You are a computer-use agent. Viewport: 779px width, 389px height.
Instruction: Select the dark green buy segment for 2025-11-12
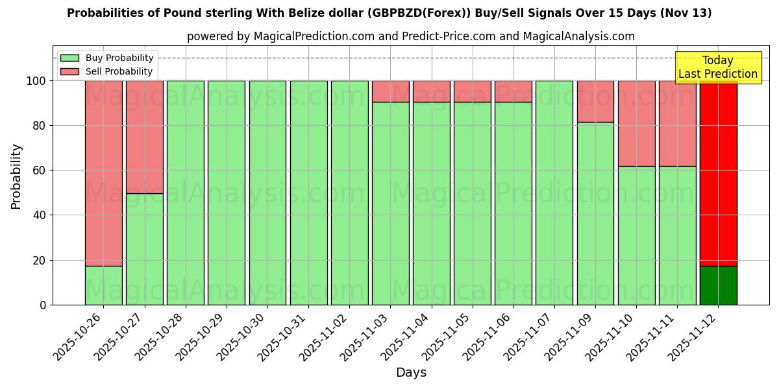click(x=718, y=285)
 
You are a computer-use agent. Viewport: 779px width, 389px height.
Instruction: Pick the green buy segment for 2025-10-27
click(x=144, y=249)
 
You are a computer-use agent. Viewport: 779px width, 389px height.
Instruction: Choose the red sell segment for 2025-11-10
click(x=636, y=123)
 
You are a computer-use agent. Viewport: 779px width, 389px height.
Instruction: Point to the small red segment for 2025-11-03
click(x=390, y=91)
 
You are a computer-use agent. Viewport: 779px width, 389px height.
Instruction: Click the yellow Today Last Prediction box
click(x=717, y=67)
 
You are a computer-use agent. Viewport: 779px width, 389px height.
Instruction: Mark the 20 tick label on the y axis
click(x=40, y=261)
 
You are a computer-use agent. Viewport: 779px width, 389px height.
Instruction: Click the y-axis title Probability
click(x=16, y=176)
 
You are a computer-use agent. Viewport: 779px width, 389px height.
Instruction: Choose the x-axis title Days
click(x=411, y=373)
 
